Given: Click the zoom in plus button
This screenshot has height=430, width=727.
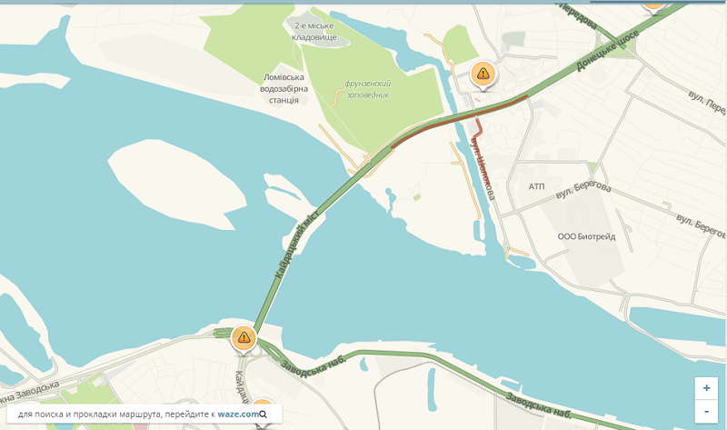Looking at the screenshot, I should point(706,387).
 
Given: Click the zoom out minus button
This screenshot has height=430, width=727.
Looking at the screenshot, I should point(706,411).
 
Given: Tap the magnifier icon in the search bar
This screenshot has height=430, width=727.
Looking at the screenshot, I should point(264,415).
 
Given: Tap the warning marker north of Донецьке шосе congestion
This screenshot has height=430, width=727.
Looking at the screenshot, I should point(483,74).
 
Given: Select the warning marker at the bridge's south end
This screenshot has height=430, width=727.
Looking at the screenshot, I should point(243,337).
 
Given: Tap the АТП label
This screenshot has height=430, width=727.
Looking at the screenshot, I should point(536,186).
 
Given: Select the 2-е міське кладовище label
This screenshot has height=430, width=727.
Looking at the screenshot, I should point(314,32).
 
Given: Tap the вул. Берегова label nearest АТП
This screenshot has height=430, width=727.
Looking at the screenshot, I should point(583,187).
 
